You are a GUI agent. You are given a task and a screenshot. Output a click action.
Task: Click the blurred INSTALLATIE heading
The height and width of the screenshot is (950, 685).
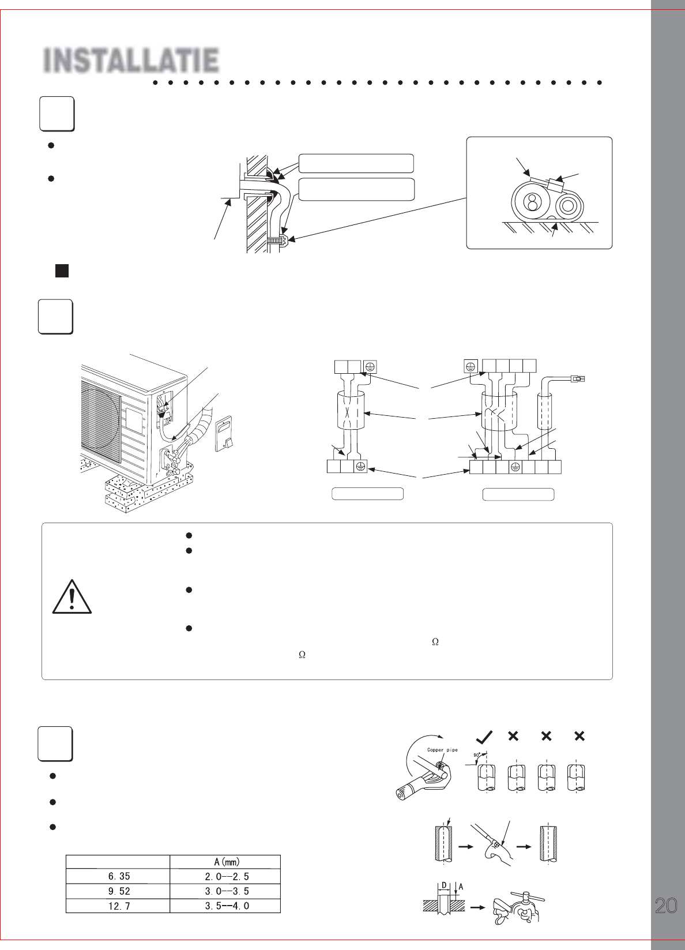pyautogui.click(x=131, y=60)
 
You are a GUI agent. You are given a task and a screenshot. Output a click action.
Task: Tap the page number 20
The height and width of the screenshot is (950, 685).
pyautogui.click(x=665, y=906)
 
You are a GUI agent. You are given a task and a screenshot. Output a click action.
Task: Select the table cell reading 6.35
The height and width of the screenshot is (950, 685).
pyautogui.click(x=119, y=876)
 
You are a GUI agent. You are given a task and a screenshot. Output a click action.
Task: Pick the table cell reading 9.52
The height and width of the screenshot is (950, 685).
pyautogui.click(x=119, y=891)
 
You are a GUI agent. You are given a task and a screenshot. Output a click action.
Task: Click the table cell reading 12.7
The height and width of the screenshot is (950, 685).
pyautogui.click(x=119, y=906)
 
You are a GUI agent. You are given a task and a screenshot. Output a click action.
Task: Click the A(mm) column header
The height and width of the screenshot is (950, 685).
pyautogui.click(x=227, y=862)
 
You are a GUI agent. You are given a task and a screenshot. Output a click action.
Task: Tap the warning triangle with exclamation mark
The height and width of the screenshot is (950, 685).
pyautogui.click(x=71, y=597)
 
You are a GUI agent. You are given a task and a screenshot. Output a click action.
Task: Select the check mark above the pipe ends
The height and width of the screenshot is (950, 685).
pyautogui.click(x=484, y=737)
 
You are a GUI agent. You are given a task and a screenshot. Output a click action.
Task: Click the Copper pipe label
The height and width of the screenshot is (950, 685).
pyautogui.click(x=442, y=750)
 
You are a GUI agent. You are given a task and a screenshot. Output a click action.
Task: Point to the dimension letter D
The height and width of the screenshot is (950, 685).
pyautogui.click(x=444, y=885)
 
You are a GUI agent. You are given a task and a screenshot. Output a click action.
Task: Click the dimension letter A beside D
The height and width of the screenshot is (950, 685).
pyautogui.click(x=461, y=887)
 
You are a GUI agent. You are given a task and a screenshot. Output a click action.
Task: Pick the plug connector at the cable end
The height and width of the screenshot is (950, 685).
pyautogui.click(x=578, y=377)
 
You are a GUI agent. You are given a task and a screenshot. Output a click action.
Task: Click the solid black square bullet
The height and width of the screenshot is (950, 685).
pyautogui.click(x=62, y=271)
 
